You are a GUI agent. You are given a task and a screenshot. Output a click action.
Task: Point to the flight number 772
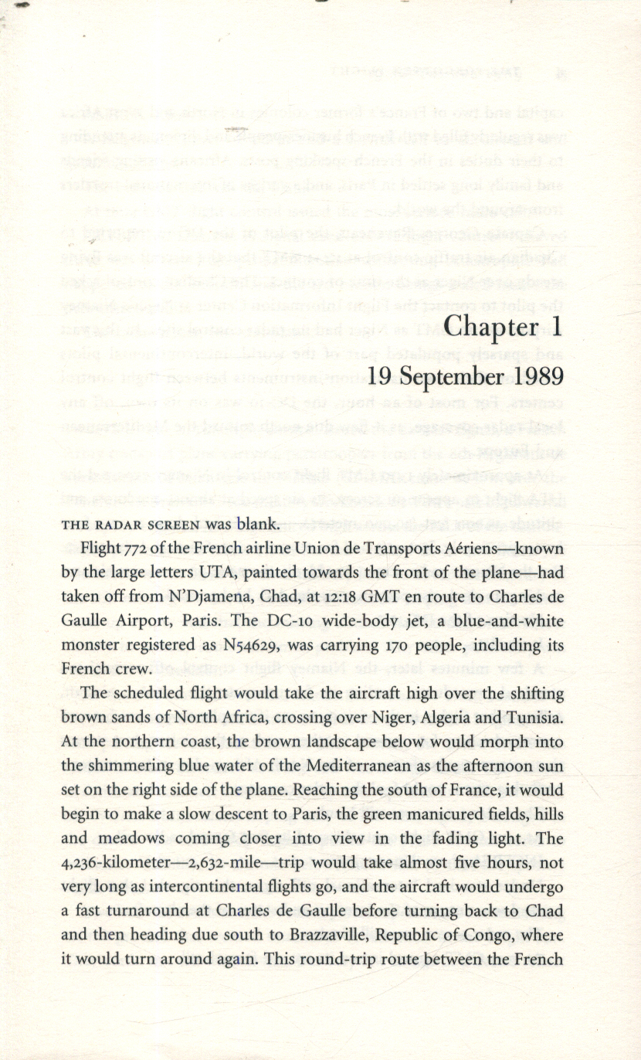point(129,549)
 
